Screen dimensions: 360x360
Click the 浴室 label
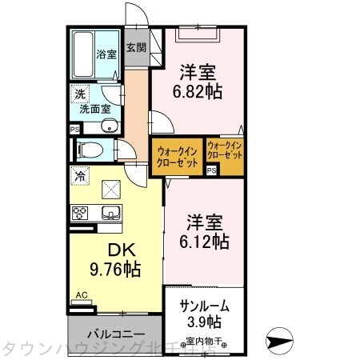106,55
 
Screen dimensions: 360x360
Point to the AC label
80,295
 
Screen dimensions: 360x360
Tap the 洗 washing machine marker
80,94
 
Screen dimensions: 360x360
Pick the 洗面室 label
98,110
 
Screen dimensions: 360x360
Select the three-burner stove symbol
82,212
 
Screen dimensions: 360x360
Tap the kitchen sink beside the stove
109,212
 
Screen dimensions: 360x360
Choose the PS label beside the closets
211,170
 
